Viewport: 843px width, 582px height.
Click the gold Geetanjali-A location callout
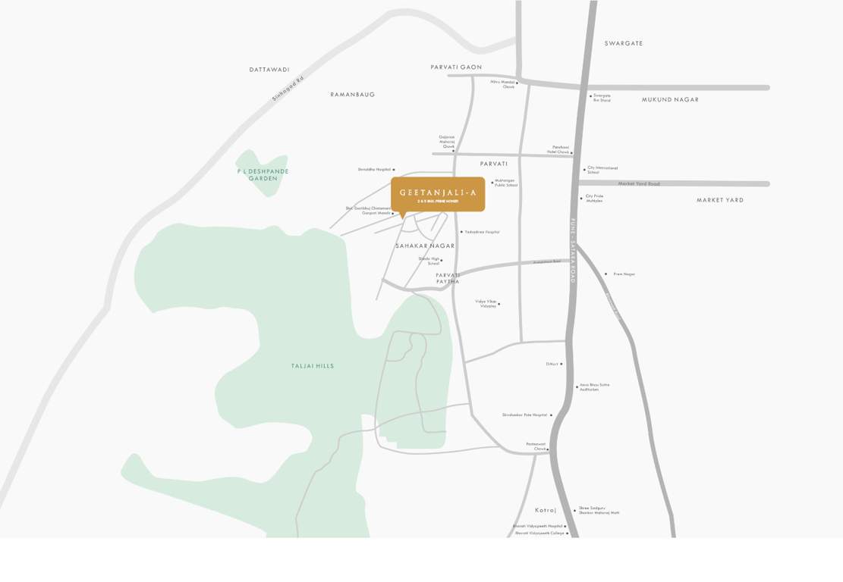(438, 195)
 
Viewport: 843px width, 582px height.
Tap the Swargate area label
(624, 44)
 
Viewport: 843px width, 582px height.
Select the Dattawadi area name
(269, 70)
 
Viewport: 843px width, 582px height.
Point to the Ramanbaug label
(353, 95)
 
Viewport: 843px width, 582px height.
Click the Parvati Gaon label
(456, 67)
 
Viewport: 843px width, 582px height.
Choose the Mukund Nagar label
(670, 100)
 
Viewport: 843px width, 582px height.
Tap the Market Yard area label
(720, 200)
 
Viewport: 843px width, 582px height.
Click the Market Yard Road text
(639, 184)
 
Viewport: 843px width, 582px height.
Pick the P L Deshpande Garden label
(263, 175)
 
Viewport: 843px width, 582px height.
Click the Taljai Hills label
(313, 366)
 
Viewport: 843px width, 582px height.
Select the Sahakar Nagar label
(425, 246)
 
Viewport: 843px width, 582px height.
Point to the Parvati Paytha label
(448, 278)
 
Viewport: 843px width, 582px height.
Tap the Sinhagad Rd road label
(288, 89)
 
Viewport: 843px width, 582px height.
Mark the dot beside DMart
(561, 365)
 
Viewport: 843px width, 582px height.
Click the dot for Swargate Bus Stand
(591, 96)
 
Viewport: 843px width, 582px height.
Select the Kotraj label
(546, 511)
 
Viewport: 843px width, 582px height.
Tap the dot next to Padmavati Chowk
(548, 449)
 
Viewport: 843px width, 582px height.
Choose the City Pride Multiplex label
(594, 199)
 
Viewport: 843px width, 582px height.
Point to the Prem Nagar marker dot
(606, 274)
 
